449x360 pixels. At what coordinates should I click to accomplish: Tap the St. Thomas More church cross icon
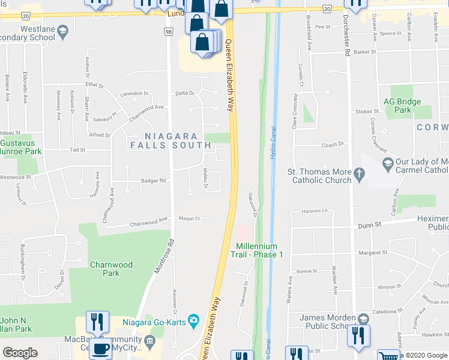(x=359, y=175)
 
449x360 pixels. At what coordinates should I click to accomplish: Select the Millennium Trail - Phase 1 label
(x=256, y=250)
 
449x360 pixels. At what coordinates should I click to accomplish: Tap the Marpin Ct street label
(x=189, y=218)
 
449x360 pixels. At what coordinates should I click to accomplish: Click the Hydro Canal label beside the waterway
(x=273, y=142)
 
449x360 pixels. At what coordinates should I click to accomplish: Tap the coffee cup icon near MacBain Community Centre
(x=100, y=349)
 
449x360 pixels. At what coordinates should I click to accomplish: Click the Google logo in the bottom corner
(x=20, y=353)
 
